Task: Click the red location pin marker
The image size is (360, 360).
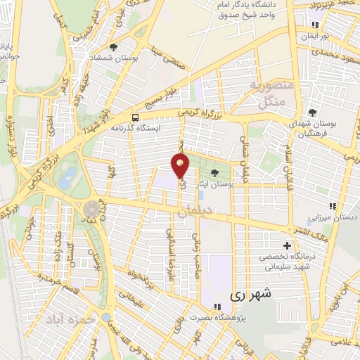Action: [181, 166]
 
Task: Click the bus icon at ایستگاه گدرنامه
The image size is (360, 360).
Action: [134, 117]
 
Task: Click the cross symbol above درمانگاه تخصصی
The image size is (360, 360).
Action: [286, 245]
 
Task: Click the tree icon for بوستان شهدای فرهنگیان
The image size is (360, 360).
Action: [312, 112]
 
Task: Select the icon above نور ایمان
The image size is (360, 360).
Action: [318, 23]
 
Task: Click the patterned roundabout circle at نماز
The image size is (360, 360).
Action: [92, 208]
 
